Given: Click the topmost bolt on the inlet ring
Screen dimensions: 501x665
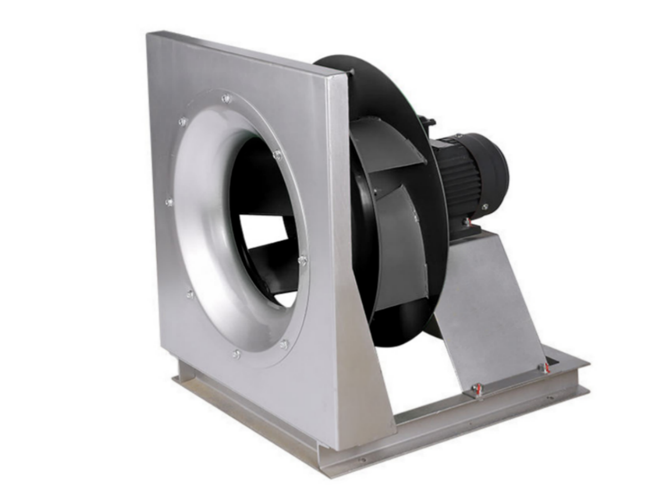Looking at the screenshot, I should click(x=225, y=99).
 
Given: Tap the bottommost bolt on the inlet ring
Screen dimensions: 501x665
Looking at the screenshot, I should click(x=237, y=353).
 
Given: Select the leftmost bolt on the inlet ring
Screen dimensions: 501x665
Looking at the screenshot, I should click(x=169, y=203).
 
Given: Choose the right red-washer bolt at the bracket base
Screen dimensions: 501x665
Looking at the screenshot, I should click(x=546, y=368).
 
